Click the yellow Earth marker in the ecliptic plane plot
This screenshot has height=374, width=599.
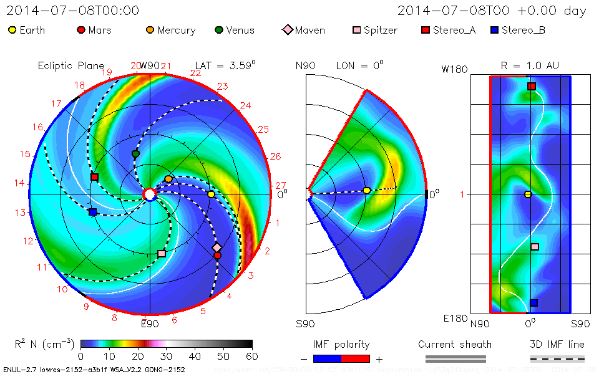coord(211,194)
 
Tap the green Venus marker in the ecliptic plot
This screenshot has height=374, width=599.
coord(135,153)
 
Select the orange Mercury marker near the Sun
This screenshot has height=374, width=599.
coord(168,179)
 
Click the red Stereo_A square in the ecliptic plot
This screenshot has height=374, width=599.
coord(94,177)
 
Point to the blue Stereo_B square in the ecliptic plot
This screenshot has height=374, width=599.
coord(92,212)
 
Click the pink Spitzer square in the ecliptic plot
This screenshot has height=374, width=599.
coord(162,254)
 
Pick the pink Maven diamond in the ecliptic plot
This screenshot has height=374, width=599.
coord(217,247)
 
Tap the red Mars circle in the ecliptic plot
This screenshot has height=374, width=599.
coord(217,255)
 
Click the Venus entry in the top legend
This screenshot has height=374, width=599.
coord(234,30)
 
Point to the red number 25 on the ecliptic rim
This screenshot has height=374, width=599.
coord(263,130)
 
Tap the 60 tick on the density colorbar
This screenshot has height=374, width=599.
coord(252,356)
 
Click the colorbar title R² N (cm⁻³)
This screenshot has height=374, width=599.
coord(44,344)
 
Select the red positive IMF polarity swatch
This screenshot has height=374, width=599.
coord(356,358)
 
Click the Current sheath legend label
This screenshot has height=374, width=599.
coord(455,344)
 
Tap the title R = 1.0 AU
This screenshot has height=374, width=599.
coord(530,65)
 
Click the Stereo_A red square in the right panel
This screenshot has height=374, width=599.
coord(532,87)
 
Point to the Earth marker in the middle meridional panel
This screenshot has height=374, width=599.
coord(366,190)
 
